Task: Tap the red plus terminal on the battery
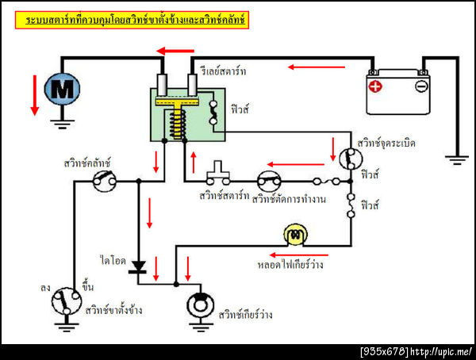(374, 85)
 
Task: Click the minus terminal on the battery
(421, 85)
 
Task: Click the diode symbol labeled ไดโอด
(140, 266)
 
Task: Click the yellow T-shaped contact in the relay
(178, 105)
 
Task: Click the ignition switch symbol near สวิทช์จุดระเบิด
(347, 159)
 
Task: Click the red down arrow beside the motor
(33, 95)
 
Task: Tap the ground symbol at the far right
(457, 159)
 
